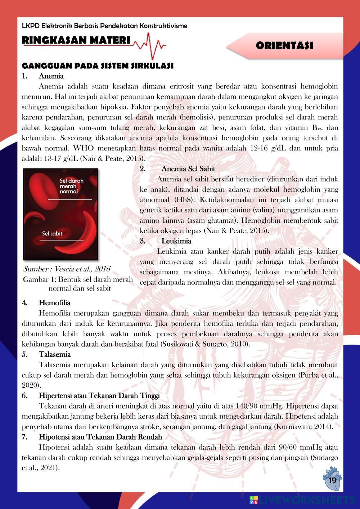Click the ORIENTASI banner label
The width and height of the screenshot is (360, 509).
tap(284, 46)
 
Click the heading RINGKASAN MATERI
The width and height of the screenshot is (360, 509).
tap(76, 40)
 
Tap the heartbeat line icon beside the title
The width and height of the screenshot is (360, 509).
tap(149, 45)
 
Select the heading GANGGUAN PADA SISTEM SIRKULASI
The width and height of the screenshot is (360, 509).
tap(98, 66)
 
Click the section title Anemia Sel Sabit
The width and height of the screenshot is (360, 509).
tap(188, 168)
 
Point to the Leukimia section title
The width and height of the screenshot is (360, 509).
tap(176, 241)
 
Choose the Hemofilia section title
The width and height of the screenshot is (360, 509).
tap(54, 303)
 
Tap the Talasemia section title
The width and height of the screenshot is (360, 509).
tap(55, 354)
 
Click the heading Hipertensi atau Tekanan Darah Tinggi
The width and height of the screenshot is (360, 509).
tap(99, 396)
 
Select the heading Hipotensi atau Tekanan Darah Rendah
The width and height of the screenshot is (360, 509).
tap(100, 437)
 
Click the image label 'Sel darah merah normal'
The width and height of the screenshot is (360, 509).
tap(71, 186)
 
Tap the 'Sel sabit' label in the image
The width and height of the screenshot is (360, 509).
tap(52, 234)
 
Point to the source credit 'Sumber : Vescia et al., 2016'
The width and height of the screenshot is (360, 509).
tap(67, 269)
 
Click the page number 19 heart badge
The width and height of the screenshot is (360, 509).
tap(332, 480)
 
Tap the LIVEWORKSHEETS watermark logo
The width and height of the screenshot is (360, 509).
tap(302, 500)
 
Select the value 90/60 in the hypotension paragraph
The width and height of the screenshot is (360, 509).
tap(290, 447)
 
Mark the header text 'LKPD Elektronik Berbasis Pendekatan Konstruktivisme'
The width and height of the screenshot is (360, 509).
tap(104, 26)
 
